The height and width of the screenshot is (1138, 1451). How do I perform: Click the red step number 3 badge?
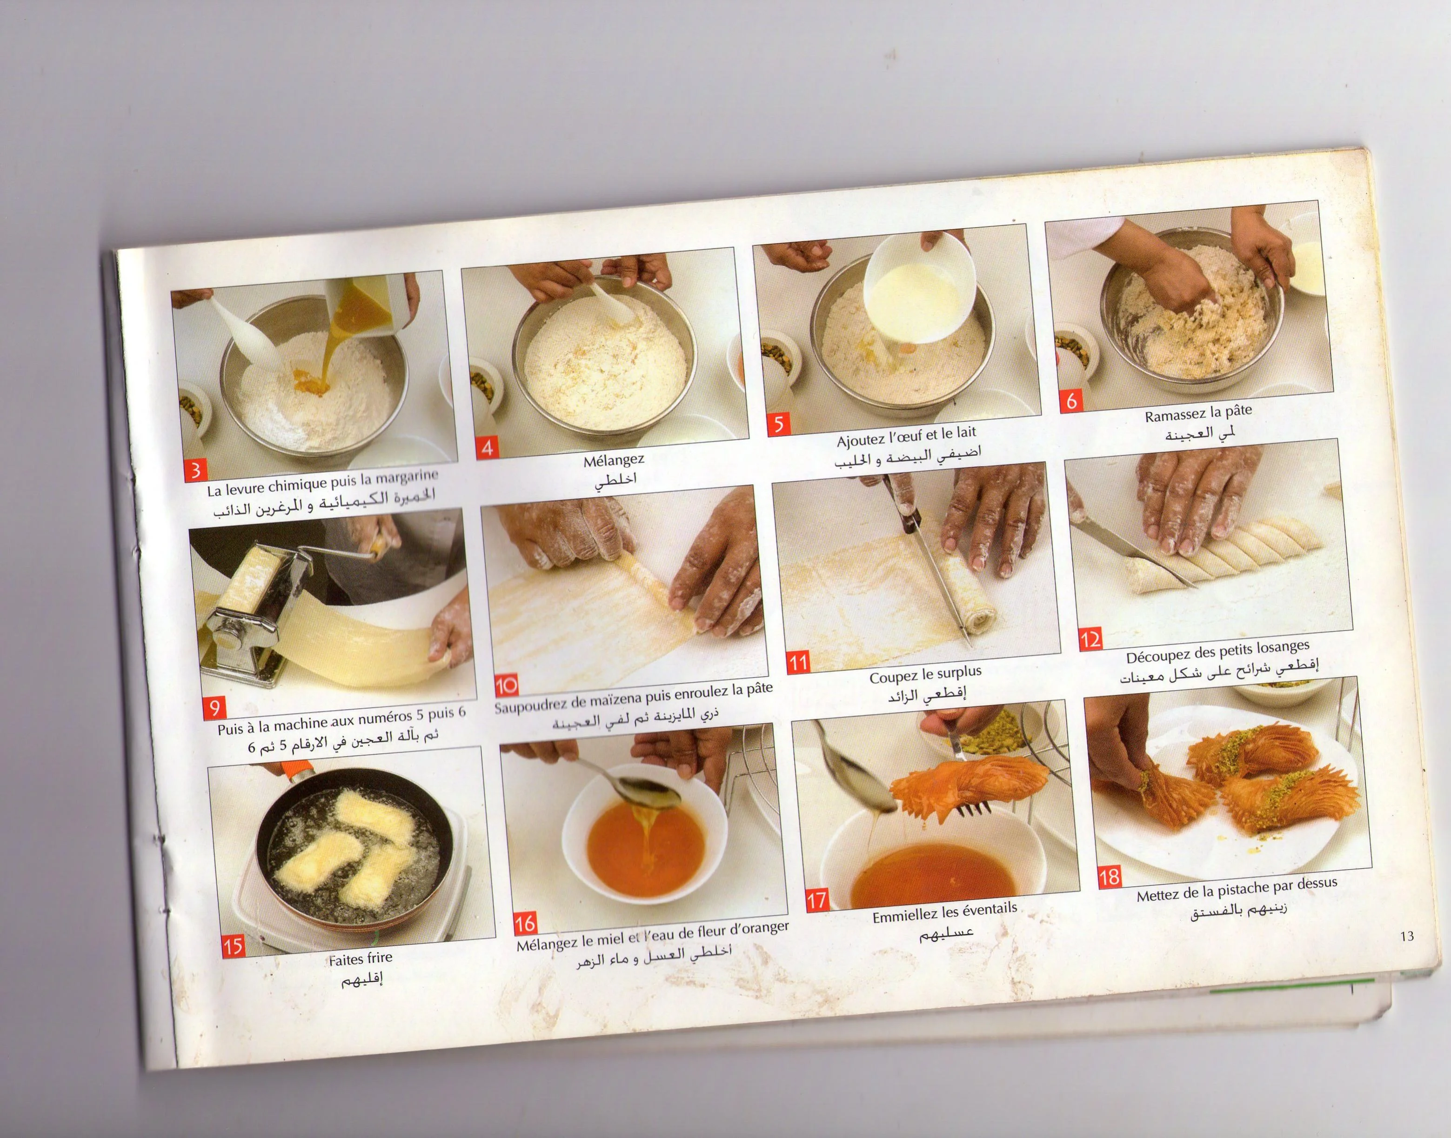[195, 470]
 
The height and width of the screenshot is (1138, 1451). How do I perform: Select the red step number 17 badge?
[817, 900]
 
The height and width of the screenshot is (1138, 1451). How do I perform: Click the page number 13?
[1407, 936]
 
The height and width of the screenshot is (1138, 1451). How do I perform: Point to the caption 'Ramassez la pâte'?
[1198, 414]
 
